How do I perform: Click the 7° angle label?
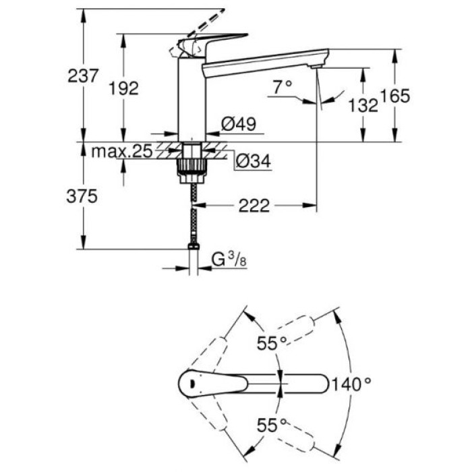pos(283,86)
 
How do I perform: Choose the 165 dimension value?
pos(395,96)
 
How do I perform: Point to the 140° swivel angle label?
pos(350,384)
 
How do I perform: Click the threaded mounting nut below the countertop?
pos(191,165)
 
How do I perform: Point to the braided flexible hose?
pos(194,216)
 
